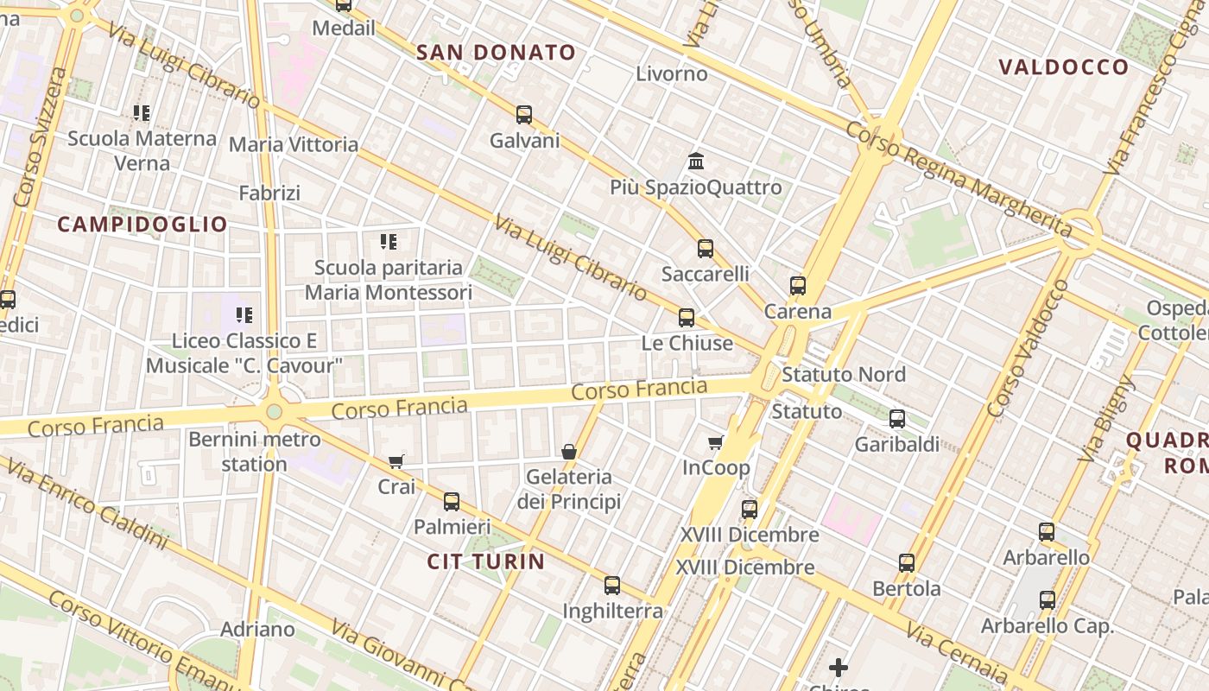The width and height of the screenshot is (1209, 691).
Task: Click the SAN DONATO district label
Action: pyautogui.click(x=496, y=53)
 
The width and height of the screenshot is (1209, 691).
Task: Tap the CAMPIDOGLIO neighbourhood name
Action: pyautogui.click(x=142, y=225)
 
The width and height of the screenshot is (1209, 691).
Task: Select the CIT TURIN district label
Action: pyautogui.click(x=486, y=562)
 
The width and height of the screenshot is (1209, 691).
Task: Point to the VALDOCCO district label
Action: pyautogui.click(x=1063, y=67)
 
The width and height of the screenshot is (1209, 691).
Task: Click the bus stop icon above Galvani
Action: pyautogui.click(x=524, y=115)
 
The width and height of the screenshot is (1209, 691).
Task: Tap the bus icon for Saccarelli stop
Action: pyautogui.click(x=706, y=249)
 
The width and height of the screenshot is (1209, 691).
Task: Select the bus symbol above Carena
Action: pyautogui.click(x=798, y=286)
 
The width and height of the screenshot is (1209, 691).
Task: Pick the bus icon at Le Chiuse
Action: pyautogui.click(x=687, y=318)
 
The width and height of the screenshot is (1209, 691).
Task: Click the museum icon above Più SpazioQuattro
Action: pyautogui.click(x=696, y=162)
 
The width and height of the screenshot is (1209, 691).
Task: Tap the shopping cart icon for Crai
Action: pyautogui.click(x=396, y=462)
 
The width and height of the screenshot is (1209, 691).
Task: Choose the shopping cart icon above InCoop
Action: pyautogui.click(x=716, y=443)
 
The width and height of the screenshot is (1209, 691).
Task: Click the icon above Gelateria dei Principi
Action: pyautogui.click(x=569, y=452)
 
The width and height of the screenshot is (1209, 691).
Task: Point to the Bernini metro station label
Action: pyautogui.click(x=242, y=452)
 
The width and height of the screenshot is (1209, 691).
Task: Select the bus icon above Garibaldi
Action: pyautogui.click(x=897, y=419)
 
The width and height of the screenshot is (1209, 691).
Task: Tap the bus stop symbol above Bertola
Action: pyautogui.click(x=907, y=563)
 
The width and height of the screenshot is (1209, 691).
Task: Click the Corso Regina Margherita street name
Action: pyautogui.click(x=959, y=181)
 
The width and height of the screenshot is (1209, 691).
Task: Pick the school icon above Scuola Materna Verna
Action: pyautogui.click(x=142, y=113)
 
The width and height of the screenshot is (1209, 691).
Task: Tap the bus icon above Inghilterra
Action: pyautogui.click(x=612, y=586)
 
